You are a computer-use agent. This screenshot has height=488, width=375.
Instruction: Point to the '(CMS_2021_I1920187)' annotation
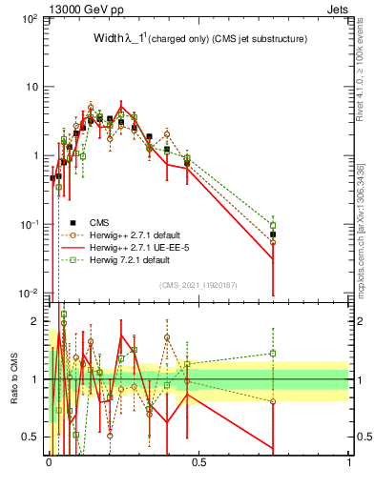(x=198, y=283)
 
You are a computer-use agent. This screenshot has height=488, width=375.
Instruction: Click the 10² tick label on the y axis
(x=31, y=19)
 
